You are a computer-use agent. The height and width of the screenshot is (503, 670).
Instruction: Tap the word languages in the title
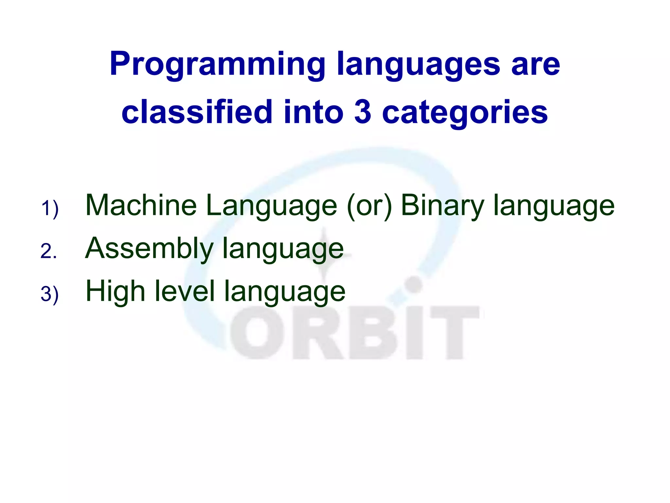[x=418, y=65]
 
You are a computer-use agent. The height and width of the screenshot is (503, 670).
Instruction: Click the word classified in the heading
[x=197, y=112]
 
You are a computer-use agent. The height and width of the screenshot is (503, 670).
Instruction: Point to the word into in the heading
[x=314, y=112]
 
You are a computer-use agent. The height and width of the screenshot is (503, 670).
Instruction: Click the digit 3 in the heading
[x=362, y=112]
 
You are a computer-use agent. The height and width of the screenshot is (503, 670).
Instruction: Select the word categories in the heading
[x=465, y=112]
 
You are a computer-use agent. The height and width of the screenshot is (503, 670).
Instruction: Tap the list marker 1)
[x=50, y=209]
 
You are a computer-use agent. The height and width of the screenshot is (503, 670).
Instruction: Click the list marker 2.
[x=48, y=251]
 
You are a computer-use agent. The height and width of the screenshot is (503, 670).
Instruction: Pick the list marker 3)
[x=50, y=294]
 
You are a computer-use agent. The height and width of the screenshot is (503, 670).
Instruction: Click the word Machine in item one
[x=141, y=205]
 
